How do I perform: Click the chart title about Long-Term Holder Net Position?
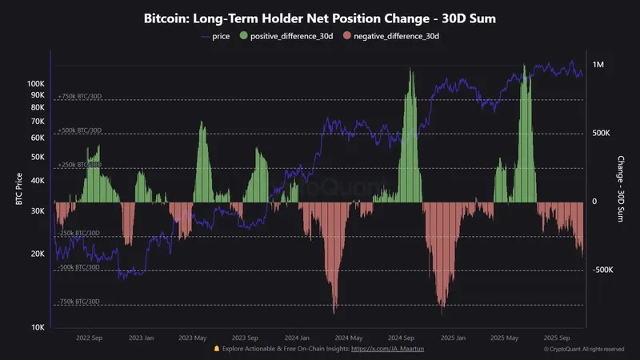coord(320,18)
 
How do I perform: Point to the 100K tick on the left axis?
coord(36,83)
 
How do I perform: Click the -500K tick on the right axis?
coord(602,270)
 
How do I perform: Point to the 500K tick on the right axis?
coord(602,134)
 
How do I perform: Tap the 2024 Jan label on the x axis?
coord(297,338)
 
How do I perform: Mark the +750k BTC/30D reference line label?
coord(79,97)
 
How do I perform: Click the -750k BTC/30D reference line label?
coord(78,302)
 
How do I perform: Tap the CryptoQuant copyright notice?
coord(584,350)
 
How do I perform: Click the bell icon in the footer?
coord(216,350)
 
